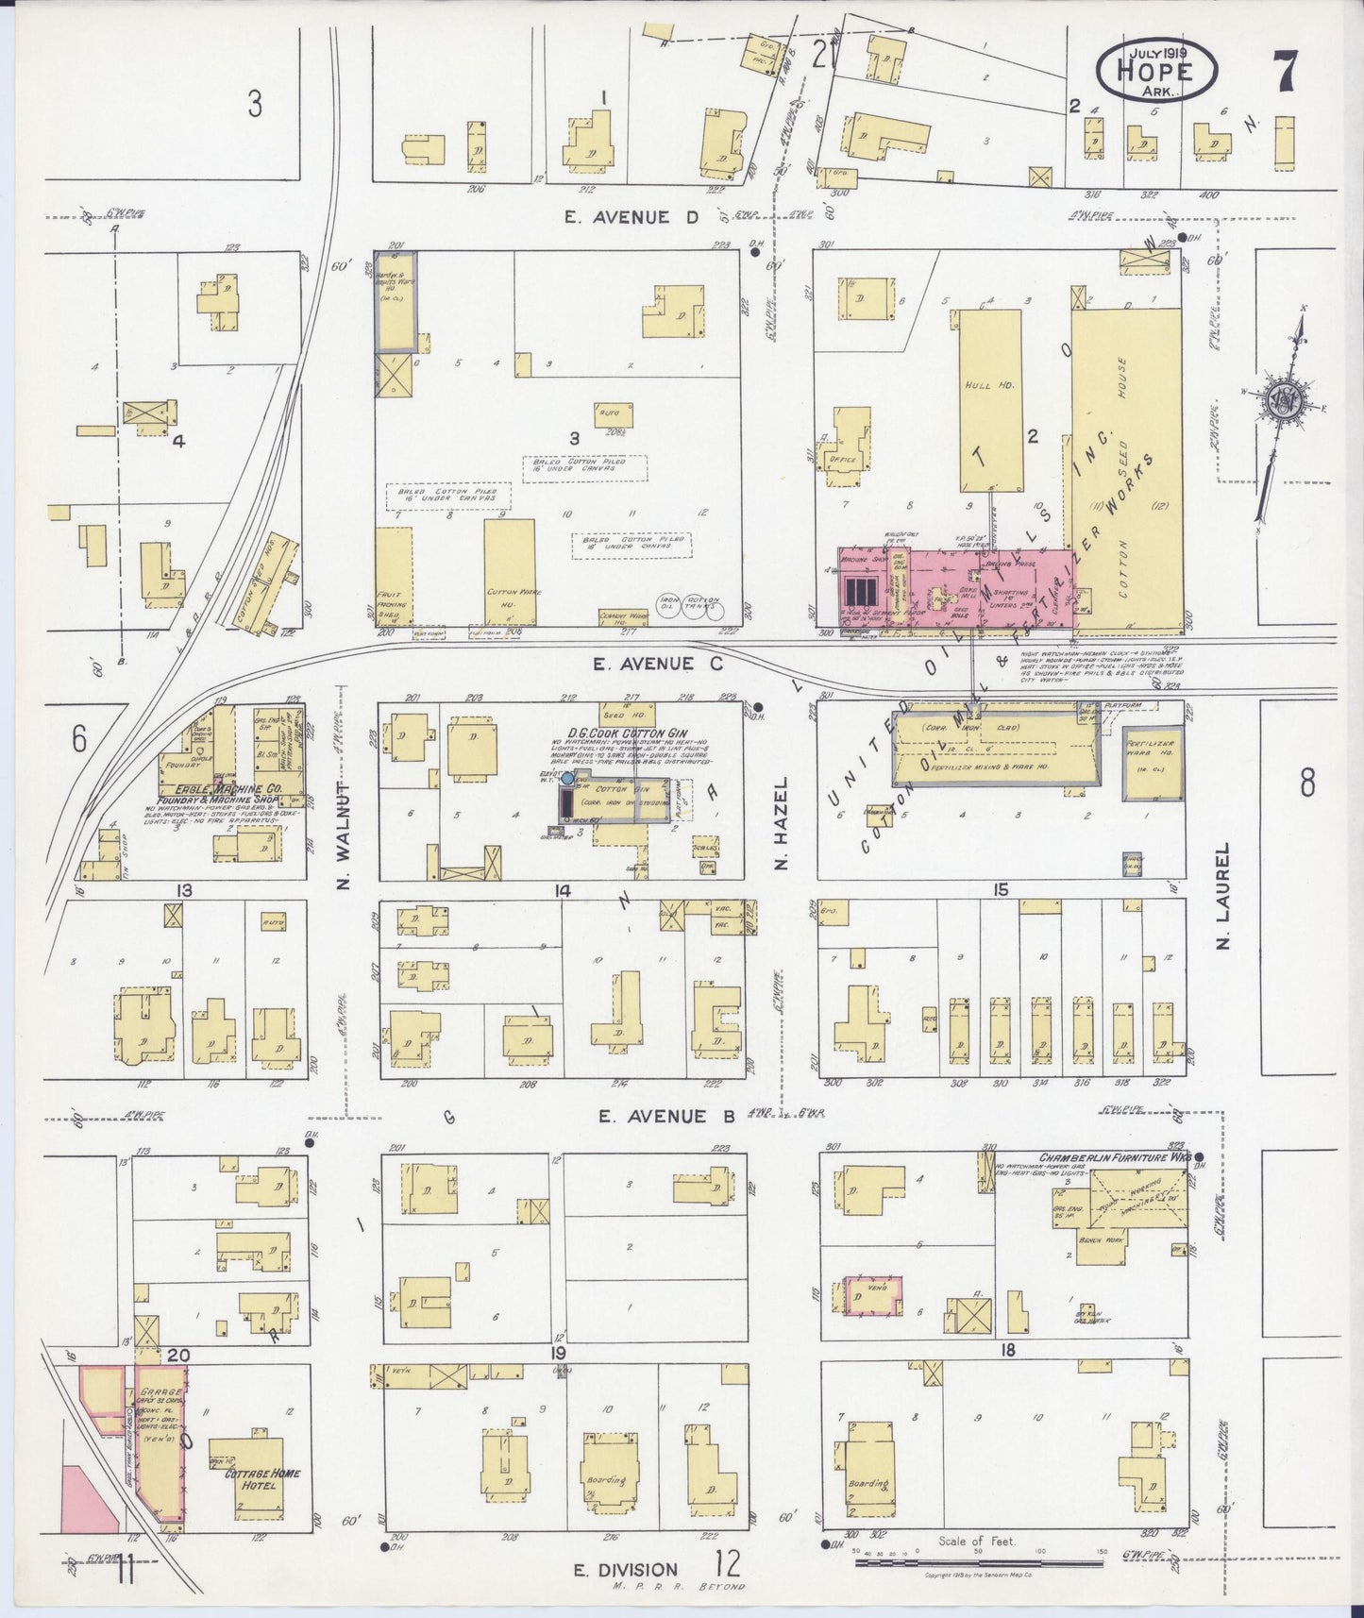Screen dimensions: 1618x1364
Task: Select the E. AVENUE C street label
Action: [657, 665]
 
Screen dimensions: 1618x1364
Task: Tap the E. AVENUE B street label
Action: [666, 1117]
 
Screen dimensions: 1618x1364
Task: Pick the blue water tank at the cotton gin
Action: [566, 779]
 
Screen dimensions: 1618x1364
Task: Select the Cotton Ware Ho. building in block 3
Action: [510, 571]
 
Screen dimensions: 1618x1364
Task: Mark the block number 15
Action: [1001, 889]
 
